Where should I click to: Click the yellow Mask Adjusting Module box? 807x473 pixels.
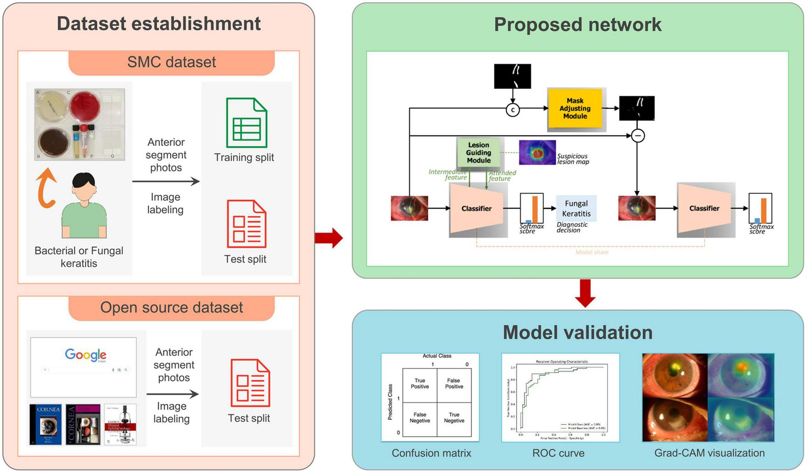pos(575,109)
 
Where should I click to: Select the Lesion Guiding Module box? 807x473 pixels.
pos(478,152)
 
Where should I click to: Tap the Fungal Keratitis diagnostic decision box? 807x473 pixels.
pos(576,208)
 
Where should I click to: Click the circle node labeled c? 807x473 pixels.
pos(513,110)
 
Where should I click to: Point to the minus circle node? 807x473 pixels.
pos(638,136)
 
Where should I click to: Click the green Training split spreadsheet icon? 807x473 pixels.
pos(247,122)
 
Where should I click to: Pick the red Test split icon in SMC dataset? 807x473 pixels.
pos(247,224)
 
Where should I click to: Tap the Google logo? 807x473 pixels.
pos(85,355)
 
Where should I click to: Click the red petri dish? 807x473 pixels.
pos(85,106)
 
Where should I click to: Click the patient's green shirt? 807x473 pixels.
pos(84,220)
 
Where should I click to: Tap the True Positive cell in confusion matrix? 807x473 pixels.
pos(420,384)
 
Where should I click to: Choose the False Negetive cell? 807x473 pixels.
pos(420,417)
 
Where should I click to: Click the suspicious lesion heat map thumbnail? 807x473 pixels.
pos(537,153)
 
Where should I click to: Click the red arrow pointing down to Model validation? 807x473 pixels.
pos(585,293)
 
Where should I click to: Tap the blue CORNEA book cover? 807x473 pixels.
pos(46,424)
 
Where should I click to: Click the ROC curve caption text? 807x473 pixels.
pos(558,453)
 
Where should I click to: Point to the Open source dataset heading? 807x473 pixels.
pos(171,307)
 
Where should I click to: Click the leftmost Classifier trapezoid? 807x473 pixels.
pos(476,208)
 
